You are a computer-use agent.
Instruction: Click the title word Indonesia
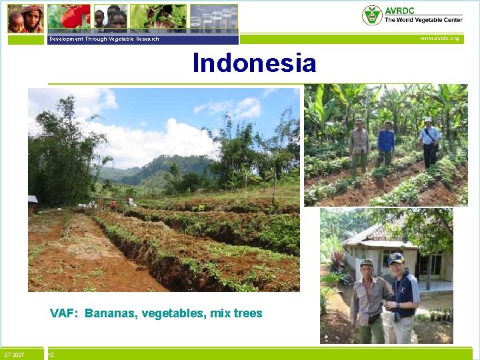(x=254, y=63)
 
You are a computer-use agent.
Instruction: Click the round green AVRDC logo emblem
(x=371, y=15)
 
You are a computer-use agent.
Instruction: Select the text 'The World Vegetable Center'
(x=423, y=21)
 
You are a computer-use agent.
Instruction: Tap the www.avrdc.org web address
(x=439, y=39)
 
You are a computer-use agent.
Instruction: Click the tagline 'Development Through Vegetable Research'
(x=103, y=39)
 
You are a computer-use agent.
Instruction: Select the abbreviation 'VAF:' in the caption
(x=65, y=313)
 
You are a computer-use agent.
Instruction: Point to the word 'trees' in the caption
(x=247, y=313)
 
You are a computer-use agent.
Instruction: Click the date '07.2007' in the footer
(x=14, y=355)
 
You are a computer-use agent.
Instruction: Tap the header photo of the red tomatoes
(x=75, y=17)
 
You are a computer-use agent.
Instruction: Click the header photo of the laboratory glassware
(x=213, y=17)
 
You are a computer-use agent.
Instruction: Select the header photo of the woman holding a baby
(x=25, y=18)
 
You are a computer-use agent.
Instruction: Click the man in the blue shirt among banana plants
(x=385, y=143)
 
